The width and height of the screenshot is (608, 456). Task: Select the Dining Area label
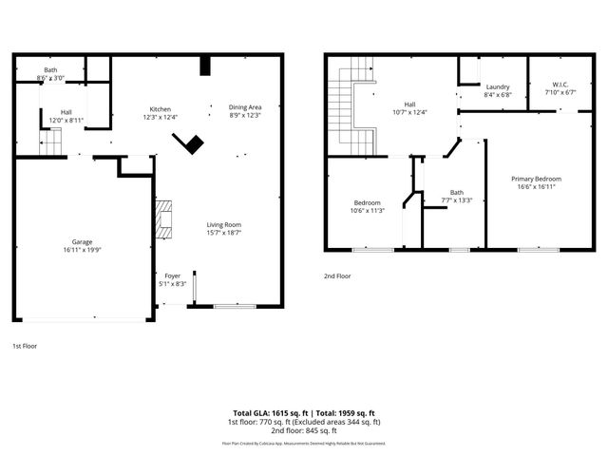click(245, 110)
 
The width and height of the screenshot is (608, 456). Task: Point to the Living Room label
click(224, 228)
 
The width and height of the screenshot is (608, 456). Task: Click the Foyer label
click(172, 279)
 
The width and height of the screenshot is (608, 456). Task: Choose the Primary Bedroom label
click(536, 182)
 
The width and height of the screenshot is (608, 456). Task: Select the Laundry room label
click(498, 90)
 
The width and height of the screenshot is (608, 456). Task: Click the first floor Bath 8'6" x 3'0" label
click(50, 73)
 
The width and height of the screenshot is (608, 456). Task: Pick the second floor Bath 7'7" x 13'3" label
click(457, 196)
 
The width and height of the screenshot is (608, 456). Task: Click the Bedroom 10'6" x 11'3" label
click(368, 206)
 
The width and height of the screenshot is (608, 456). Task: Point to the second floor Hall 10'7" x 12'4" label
click(409, 108)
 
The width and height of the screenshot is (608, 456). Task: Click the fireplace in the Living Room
click(165, 218)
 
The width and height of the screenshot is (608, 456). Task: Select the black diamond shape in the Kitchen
click(193, 143)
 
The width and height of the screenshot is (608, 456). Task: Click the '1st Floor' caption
click(25, 347)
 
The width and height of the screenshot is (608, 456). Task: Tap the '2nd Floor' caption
click(337, 275)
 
